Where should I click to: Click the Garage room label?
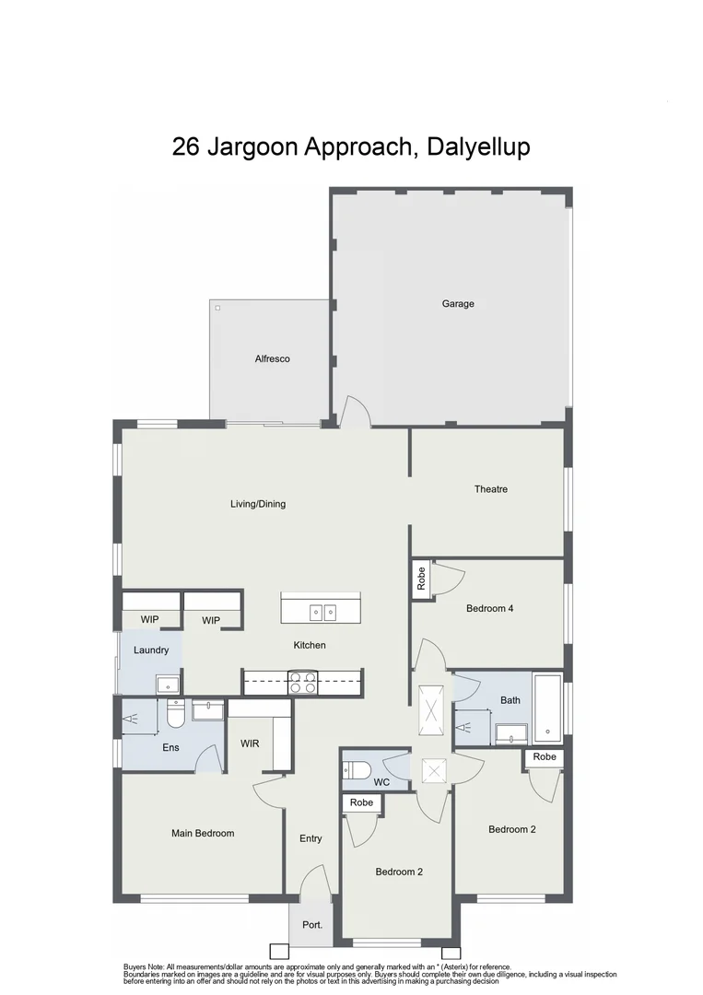point(458,303)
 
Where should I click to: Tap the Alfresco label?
point(272,358)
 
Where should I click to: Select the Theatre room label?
point(491,489)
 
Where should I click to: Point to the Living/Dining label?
point(258,504)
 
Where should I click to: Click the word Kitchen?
point(310,645)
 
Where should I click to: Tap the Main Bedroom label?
point(203,833)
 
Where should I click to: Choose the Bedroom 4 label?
point(489,608)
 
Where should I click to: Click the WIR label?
point(250,743)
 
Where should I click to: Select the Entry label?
point(310,838)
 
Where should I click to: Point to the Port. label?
point(311,925)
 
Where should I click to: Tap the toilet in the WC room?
point(357,769)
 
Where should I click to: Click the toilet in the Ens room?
point(175,715)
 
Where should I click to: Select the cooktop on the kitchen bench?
point(303,683)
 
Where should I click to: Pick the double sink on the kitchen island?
point(322,611)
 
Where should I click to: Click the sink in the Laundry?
point(167,685)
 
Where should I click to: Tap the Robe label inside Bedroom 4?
point(421,580)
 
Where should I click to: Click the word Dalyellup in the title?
point(479,146)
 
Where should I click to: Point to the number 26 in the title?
point(186,146)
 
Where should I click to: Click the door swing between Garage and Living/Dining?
point(355,413)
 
